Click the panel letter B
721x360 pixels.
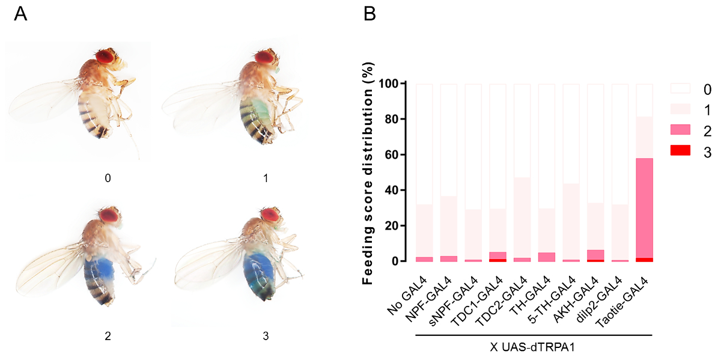[x=370, y=14]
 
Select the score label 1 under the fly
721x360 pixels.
[x=266, y=178]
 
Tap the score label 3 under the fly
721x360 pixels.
[x=266, y=337]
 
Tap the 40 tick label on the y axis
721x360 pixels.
[x=394, y=191]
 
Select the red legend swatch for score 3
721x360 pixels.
[x=680, y=152]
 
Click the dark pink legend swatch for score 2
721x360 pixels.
[x=680, y=131]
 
